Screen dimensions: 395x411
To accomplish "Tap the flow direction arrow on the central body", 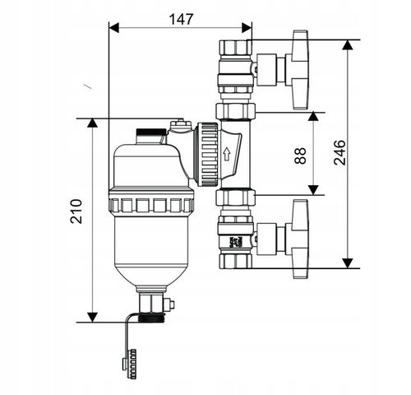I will click(226, 153).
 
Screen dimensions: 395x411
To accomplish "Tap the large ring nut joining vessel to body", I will click(205, 154).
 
